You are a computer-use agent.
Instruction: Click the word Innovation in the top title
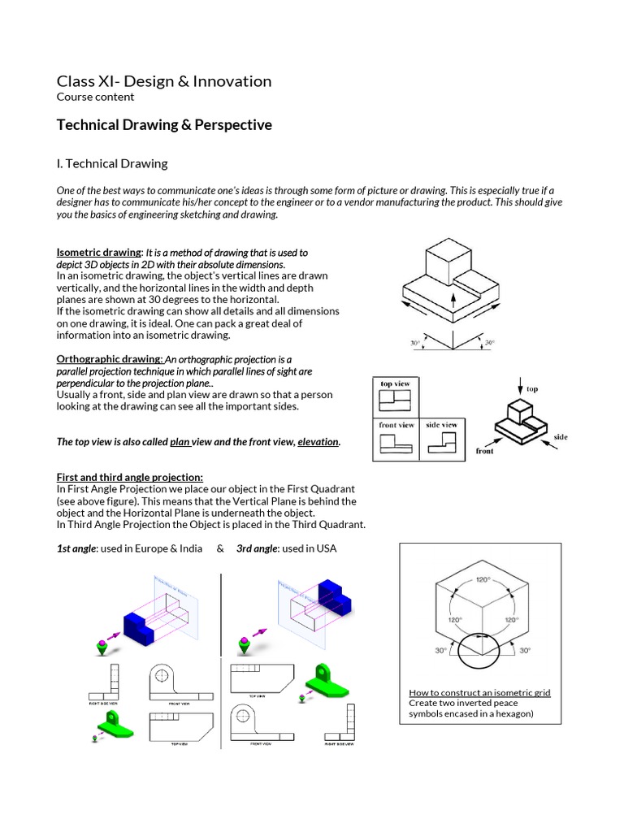tap(232, 81)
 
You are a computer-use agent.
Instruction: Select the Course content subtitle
tap(95, 97)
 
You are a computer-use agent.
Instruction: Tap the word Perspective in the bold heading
tap(232, 125)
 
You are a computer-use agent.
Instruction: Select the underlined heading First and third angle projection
tap(129, 477)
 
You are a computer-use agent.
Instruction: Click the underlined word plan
tap(179, 442)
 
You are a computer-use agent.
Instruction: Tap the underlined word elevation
tap(318, 442)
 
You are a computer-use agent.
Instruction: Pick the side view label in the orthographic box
tap(441, 425)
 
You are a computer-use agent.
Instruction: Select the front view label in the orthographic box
tap(396, 425)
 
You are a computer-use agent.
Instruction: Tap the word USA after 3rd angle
tap(326, 548)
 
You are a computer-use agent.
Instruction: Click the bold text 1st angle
tap(76, 548)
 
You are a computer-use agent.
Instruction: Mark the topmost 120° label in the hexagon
tap(483, 580)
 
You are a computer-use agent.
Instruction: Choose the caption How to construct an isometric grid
tap(479, 693)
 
